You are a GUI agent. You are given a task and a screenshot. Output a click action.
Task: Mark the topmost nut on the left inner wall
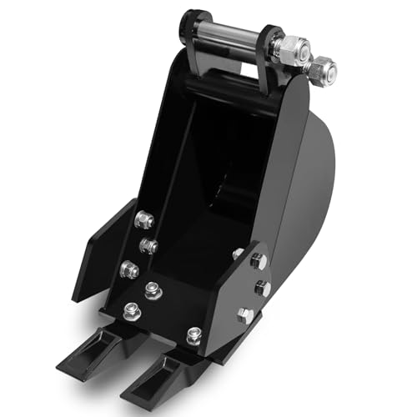pyautogui.click(x=144, y=219)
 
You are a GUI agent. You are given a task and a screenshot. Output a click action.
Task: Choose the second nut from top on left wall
pyautogui.click(x=149, y=245)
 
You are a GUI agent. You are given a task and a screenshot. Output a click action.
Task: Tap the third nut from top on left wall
pyautogui.click(x=129, y=269)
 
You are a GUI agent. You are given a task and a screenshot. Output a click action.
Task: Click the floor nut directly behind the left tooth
pyautogui.click(x=132, y=310)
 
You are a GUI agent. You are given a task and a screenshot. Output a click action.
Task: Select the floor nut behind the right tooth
pyautogui.click(x=193, y=335)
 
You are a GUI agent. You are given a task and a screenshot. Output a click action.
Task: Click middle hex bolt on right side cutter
pyautogui.click(x=263, y=288)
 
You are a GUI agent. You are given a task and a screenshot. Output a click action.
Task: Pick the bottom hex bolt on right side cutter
pyautogui.click(x=244, y=314)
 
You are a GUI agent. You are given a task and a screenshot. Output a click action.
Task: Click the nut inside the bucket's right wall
pyautogui.click(x=238, y=253)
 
